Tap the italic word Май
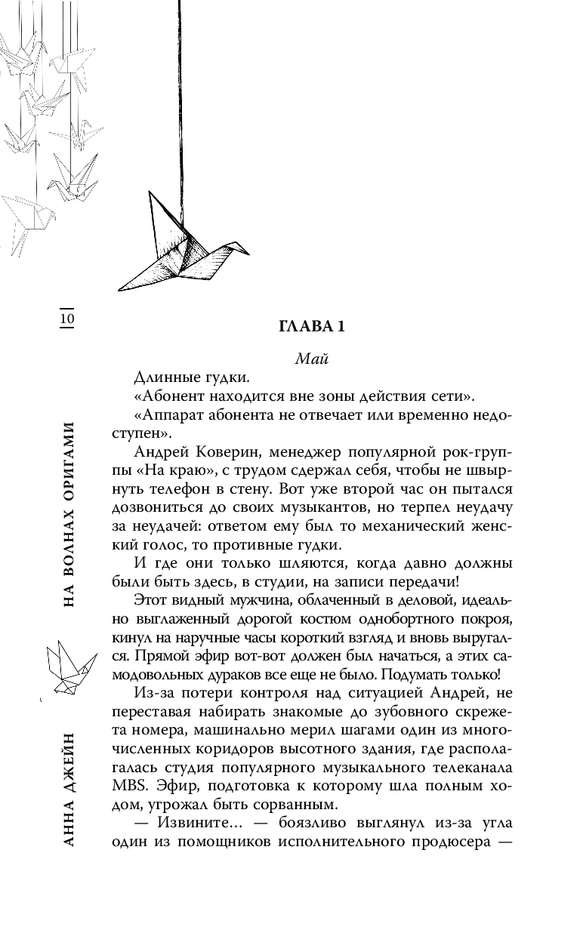311,359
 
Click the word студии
305,583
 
